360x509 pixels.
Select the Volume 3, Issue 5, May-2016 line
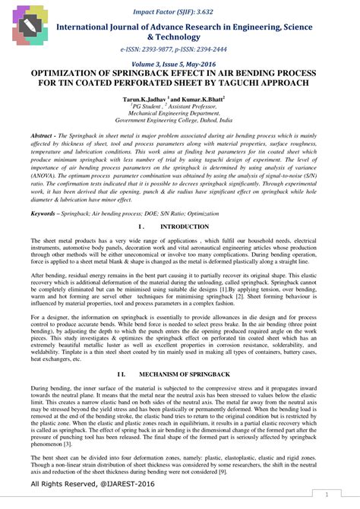tap(180, 65)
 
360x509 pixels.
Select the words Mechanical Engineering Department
tap(180, 113)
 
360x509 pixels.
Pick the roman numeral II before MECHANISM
tap(122, 375)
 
